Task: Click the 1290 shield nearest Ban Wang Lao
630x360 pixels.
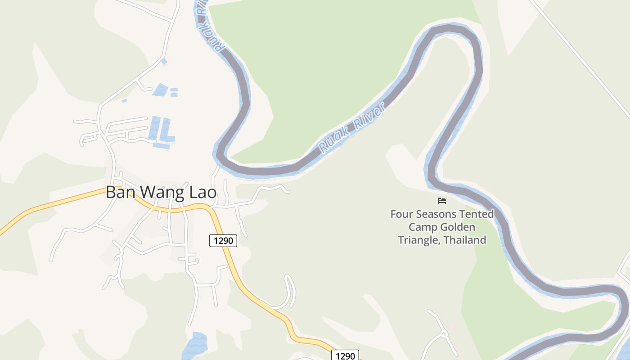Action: (223, 241)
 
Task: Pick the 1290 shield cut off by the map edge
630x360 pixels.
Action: (346, 355)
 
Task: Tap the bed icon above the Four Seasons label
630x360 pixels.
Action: (442, 201)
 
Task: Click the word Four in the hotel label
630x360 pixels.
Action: (401, 214)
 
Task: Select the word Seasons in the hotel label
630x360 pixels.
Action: (440, 214)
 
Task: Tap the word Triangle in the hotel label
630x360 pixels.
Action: (419, 240)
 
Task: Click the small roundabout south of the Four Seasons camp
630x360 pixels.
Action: (444, 334)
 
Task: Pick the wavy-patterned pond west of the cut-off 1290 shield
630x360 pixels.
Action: (195, 346)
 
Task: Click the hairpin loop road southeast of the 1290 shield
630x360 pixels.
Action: (291, 290)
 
